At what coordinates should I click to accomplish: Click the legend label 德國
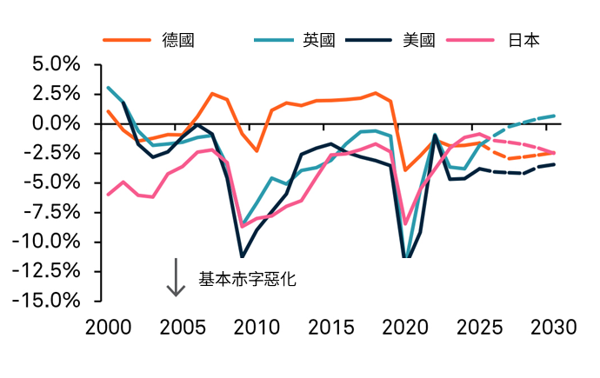pos(177,40)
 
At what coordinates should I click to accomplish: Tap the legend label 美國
pos(419,40)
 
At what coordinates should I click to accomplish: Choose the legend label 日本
pos(523,40)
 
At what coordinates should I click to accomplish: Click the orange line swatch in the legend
pos(127,40)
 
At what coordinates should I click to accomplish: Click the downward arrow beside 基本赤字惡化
pos(177,277)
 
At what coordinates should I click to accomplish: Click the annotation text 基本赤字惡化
pos(248,279)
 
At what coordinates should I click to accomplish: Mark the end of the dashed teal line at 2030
pos(554,116)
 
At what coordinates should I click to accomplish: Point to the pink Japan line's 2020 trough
pos(405,223)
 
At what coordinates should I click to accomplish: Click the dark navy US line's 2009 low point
pos(242,256)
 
